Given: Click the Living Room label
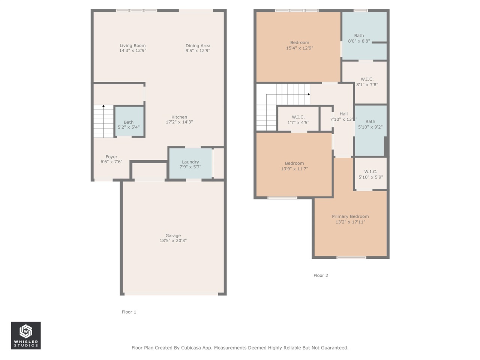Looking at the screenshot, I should click(x=132, y=46).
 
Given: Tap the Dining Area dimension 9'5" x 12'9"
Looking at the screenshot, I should click(x=198, y=51).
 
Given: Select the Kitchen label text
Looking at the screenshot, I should click(x=179, y=117).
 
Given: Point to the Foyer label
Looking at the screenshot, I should click(x=111, y=157).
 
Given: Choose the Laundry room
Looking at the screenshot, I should click(x=190, y=164).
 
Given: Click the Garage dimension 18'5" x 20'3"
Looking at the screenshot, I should click(x=173, y=241).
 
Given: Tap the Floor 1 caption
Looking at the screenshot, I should click(x=129, y=312).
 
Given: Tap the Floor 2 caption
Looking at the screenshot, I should click(x=321, y=276).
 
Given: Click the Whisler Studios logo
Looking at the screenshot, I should click(x=26, y=336).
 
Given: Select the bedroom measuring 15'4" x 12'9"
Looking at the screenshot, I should click(x=299, y=45).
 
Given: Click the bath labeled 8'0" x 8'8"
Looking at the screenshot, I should click(x=359, y=38).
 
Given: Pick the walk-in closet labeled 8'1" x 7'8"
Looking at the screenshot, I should click(x=367, y=82).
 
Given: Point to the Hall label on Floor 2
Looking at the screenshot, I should click(x=343, y=114).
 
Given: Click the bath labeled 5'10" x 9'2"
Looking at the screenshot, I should click(x=370, y=124).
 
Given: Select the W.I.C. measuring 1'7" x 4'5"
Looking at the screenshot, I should click(x=298, y=120).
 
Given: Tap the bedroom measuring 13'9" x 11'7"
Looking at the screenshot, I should click(x=294, y=166).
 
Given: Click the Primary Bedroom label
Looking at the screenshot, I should click(x=350, y=216).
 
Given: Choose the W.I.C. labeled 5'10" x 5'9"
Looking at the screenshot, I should click(x=370, y=174).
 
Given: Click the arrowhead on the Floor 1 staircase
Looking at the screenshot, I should click(x=103, y=106).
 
